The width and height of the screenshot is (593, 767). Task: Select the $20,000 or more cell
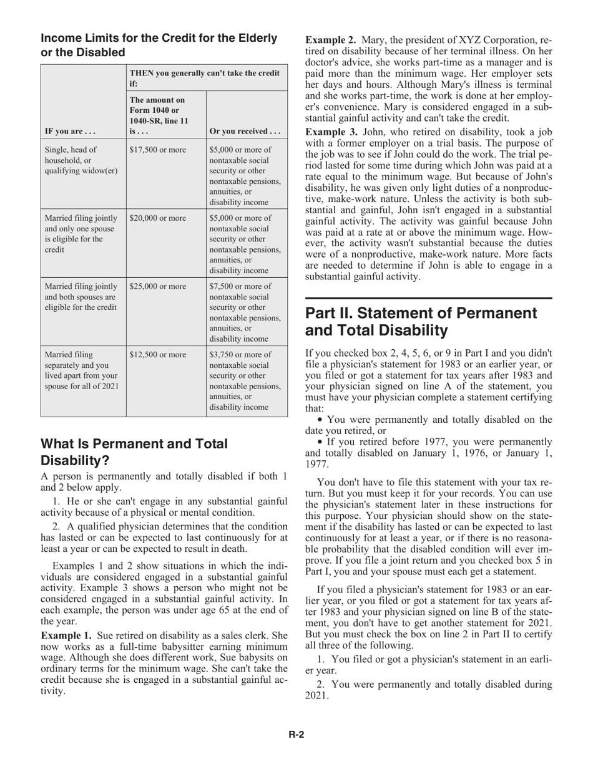157,218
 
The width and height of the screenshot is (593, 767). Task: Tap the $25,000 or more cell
157,287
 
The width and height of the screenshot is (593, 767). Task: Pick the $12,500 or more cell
157,355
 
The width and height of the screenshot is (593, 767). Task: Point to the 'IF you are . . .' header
68,131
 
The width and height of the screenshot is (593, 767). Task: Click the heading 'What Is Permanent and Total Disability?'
134,452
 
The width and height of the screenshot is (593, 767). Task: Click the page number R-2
296,735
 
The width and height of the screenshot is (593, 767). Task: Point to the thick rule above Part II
428,299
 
